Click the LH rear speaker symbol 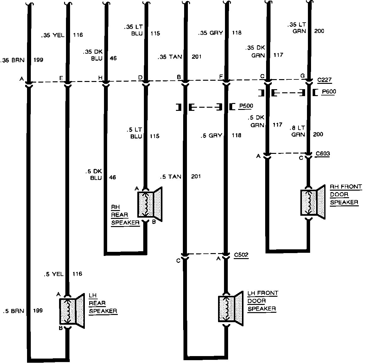(72, 311)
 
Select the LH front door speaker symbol (231, 309)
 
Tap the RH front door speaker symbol (313, 202)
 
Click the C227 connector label (324, 80)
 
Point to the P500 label (246, 106)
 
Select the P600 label (329, 92)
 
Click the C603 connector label (323, 154)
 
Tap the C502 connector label (241, 255)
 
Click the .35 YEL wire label (52, 35)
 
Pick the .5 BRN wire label (14, 311)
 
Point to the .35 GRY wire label (211, 33)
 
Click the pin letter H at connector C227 (100, 78)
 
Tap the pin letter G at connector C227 (303, 76)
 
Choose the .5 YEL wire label (53, 274)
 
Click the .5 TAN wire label (171, 176)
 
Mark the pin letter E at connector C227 (61, 78)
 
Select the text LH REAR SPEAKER (103, 303)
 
